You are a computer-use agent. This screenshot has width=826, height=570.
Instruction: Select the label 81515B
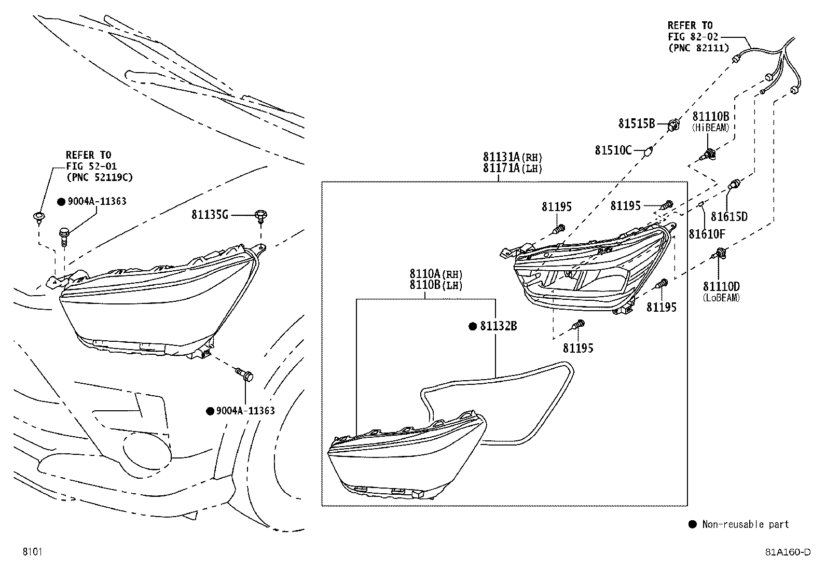coord(637,123)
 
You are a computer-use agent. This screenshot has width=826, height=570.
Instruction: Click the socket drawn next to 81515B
coord(673,125)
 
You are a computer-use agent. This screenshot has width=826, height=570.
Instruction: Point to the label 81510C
coord(613,150)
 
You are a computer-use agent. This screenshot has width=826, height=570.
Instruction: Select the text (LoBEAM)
coord(721,298)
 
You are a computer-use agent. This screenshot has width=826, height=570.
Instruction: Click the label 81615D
coord(729,217)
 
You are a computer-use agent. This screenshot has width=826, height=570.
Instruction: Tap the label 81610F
coord(707,234)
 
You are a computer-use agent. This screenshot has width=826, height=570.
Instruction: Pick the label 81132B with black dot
coord(498,326)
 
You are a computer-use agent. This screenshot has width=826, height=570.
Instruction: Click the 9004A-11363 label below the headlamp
coord(245,411)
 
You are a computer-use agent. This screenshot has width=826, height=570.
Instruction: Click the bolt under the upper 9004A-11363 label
coord(64,236)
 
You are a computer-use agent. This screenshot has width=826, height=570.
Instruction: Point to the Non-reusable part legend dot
coord(692,524)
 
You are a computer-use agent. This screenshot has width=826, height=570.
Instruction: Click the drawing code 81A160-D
coord(787,552)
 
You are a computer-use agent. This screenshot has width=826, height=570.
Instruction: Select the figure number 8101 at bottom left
coord(32,552)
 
